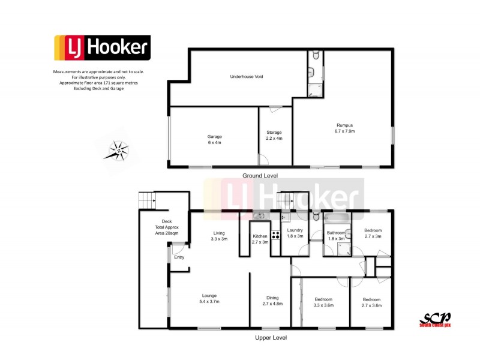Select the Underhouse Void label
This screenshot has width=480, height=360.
(x=247, y=77)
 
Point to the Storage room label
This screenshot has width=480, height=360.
(x=274, y=135)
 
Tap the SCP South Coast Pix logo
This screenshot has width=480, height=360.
(x=436, y=319)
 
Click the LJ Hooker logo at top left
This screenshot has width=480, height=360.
(x=102, y=48)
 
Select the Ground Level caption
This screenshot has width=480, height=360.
(x=260, y=176)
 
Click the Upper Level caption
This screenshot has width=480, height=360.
(x=270, y=338)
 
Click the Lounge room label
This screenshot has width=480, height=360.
(x=209, y=298)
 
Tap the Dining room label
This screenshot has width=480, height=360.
(x=272, y=301)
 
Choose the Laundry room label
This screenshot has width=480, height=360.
(x=295, y=233)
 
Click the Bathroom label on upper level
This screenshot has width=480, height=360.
(x=336, y=235)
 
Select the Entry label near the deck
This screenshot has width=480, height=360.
(x=179, y=257)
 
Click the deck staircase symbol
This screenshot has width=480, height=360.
(x=146, y=200)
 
